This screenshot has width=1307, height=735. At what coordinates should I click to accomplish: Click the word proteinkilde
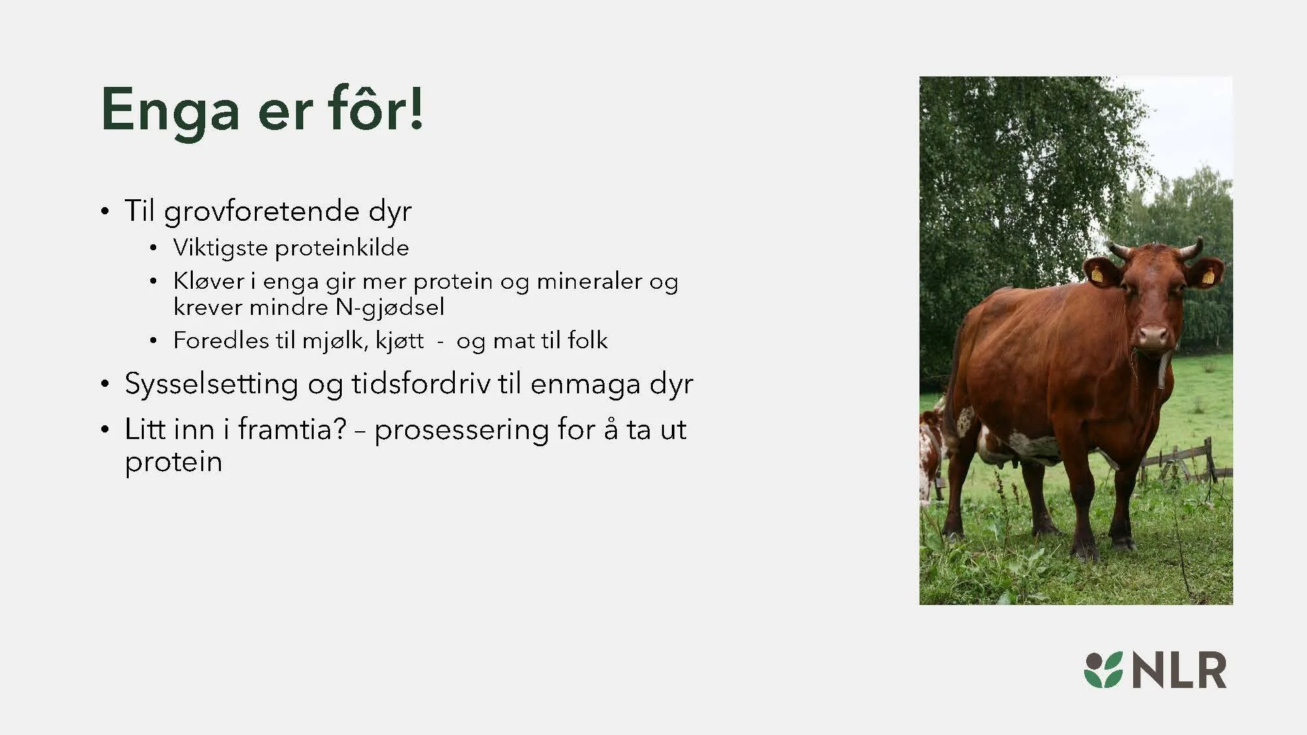pyautogui.click(x=341, y=248)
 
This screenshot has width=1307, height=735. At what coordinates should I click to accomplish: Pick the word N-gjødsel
pyautogui.click(x=389, y=307)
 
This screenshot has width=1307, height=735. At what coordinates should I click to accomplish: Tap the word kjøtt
pyautogui.click(x=399, y=341)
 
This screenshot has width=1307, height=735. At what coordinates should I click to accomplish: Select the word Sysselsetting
pyautogui.click(x=211, y=384)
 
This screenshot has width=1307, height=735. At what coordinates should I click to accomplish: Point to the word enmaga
pyautogui.click(x=585, y=384)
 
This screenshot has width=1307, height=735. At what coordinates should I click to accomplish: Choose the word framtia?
pyautogui.click(x=291, y=429)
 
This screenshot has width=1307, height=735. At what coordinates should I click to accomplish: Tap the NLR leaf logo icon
pyautogui.click(x=1103, y=670)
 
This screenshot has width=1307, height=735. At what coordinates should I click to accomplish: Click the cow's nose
pyautogui.click(x=1153, y=336)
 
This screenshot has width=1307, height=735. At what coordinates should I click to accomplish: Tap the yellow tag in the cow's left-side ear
pyautogui.click(x=1097, y=274)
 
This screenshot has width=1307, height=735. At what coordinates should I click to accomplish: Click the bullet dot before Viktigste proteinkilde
pyautogui.click(x=153, y=248)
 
